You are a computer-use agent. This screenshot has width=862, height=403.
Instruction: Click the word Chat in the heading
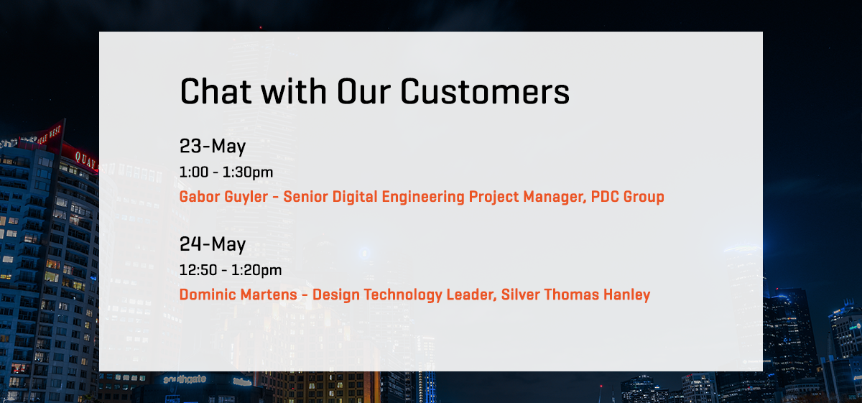(x=215, y=91)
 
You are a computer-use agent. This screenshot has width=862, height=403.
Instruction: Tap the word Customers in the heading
(x=485, y=91)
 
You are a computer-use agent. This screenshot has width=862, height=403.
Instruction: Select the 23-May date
(x=213, y=147)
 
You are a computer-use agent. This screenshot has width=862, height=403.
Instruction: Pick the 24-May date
(x=213, y=244)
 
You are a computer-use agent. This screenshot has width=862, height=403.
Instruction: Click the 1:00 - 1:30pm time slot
(x=226, y=172)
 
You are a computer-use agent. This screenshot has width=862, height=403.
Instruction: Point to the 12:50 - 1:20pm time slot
(x=231, y=270)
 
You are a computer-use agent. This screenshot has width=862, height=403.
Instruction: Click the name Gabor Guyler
(x=223, y=197)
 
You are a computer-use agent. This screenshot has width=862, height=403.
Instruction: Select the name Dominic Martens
(x=238, y=295)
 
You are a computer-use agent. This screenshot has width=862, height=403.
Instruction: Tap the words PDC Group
(x=628, y=197)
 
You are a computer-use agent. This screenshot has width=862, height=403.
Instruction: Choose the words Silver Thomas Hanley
(x=575, y=295)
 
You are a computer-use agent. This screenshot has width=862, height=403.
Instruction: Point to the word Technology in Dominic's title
(x=403, y=295)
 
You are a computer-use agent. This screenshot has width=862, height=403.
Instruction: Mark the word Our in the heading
(x=364, y=92)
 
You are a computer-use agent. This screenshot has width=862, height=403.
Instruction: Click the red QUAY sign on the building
(x=85, y=159)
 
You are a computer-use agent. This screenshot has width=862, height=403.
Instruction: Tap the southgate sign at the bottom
(x=185, y=380)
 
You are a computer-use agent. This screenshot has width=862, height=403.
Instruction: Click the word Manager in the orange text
(x=555, y=197)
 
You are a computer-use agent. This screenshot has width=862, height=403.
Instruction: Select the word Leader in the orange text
(x=471, y=295)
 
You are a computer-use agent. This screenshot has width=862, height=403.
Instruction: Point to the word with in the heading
(x=294, y=91)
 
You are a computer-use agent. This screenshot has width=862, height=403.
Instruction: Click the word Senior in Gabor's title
(x=306, y=197)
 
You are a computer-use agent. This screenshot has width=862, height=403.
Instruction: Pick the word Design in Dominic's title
(x=336, y=295)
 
